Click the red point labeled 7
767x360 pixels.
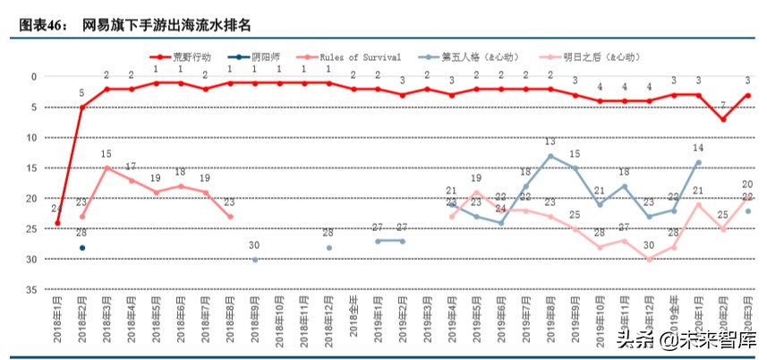[x=723, y=120]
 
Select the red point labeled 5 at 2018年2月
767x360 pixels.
[x=82, y=107]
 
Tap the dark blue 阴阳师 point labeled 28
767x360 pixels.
[x=82, y=248]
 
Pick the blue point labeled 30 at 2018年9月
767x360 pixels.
[x=255, y=260]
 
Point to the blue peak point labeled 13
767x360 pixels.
[x=550, y=156]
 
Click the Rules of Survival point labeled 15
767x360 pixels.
[x=107, y=168]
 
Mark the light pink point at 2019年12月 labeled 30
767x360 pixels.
[x=649, y=260]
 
